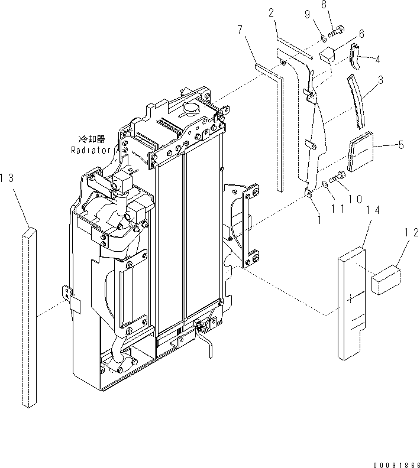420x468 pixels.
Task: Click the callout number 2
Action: click(270, 12)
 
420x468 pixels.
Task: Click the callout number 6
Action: click(361, 35)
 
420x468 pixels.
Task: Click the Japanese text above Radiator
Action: click(92, 139)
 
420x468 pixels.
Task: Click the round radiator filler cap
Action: click(193, 110)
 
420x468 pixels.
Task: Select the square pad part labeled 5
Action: click(363, 151)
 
